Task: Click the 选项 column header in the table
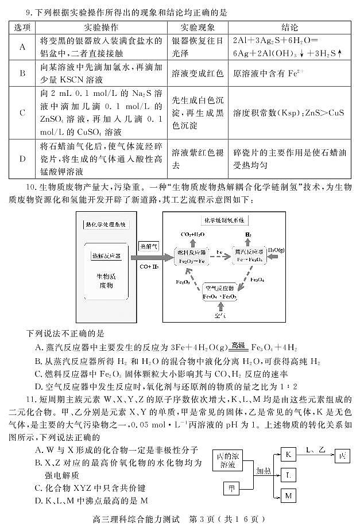22,28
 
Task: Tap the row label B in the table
22,73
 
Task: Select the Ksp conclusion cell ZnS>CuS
289,113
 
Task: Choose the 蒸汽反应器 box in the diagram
247,256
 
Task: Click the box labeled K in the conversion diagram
288,455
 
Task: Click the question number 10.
31,188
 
